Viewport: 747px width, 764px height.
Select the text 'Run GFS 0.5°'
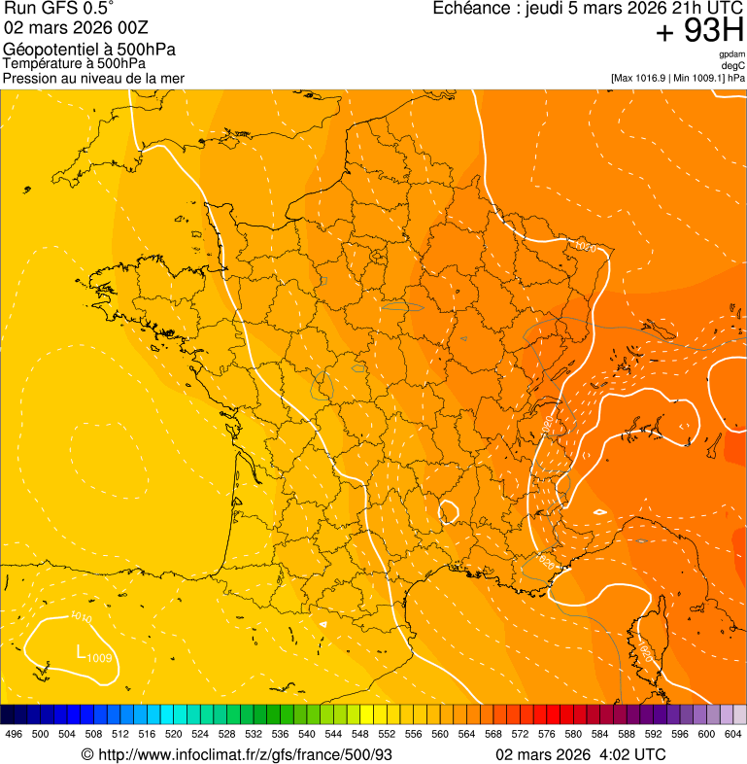point(59,10)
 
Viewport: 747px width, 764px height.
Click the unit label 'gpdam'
point(732,54)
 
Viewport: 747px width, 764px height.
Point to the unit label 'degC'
point(733,66)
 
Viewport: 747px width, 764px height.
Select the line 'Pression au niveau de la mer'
point(93,78)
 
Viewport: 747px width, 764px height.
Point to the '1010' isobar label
point(82,617)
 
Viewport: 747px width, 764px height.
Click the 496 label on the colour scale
point(14,734)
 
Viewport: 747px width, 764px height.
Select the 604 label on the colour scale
point(733,734)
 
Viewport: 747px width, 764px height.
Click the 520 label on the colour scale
point(174,734)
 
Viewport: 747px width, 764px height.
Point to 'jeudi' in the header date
point(548,9)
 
